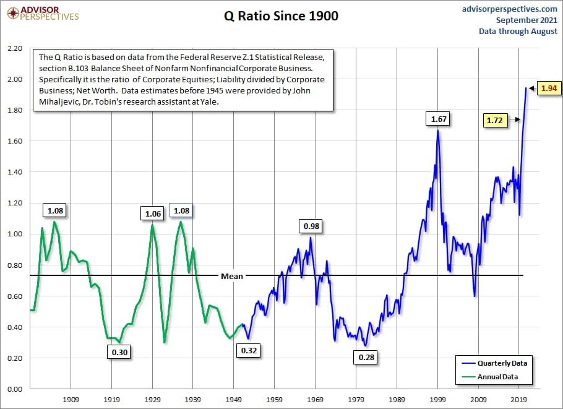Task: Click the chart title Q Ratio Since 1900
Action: click(281, 17)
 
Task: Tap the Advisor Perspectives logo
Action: click(41, 13)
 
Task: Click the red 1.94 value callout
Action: click(548, 88)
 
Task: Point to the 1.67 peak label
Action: click(438, 118)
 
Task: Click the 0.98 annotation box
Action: click(311, 226)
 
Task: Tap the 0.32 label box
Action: click(249, 351)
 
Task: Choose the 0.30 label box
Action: click(119, 352)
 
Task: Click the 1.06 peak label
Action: click(152, 213)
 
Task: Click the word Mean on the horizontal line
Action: click(232, 276)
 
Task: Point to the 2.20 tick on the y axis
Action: click(14, 48)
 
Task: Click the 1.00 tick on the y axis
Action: click(14, 235)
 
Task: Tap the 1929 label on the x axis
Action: click(152, 400)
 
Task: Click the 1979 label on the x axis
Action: click(356, 400)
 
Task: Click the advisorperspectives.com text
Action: click(510, 9)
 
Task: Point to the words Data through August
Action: click(518, 31)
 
